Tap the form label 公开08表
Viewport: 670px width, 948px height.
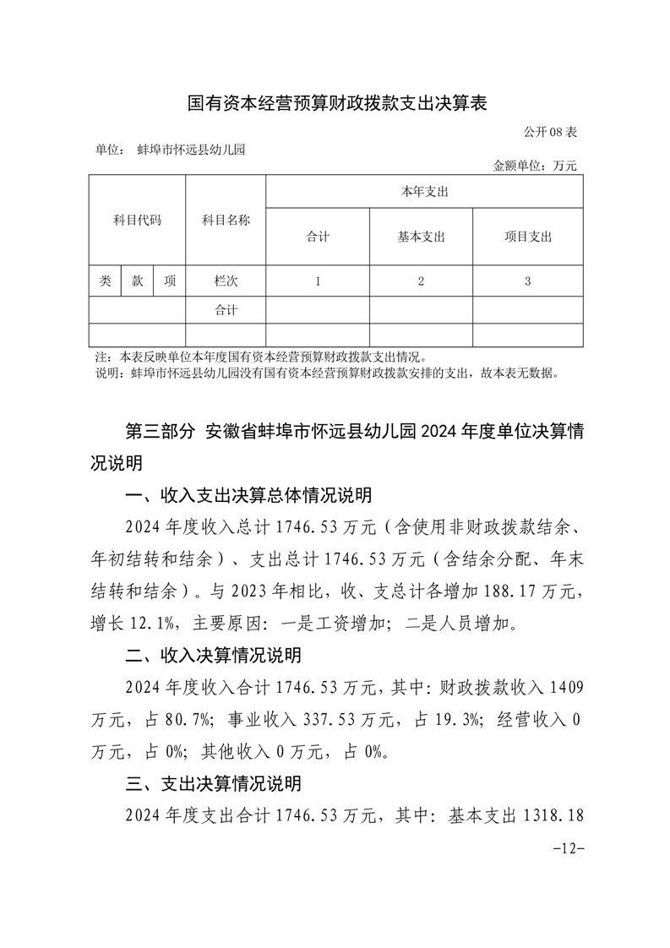[549, 133]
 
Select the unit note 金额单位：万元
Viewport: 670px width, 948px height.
[535, 166]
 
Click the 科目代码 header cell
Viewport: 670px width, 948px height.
[137, 220]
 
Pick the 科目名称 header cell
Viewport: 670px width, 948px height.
[226, 220]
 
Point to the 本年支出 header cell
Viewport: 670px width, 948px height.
[424, 192]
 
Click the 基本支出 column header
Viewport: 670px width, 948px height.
[421, 237]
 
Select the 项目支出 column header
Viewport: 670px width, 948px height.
[527, 237]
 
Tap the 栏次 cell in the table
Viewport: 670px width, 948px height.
[226, 281]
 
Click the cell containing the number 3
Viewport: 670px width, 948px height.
[527, 281]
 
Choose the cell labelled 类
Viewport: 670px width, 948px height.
[105, 281]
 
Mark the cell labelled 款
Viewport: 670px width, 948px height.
[137, 281]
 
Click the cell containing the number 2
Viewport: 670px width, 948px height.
[421, 281]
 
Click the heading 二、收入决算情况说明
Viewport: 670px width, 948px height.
[213, 656]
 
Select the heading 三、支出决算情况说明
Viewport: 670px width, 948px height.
[213, 784]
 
